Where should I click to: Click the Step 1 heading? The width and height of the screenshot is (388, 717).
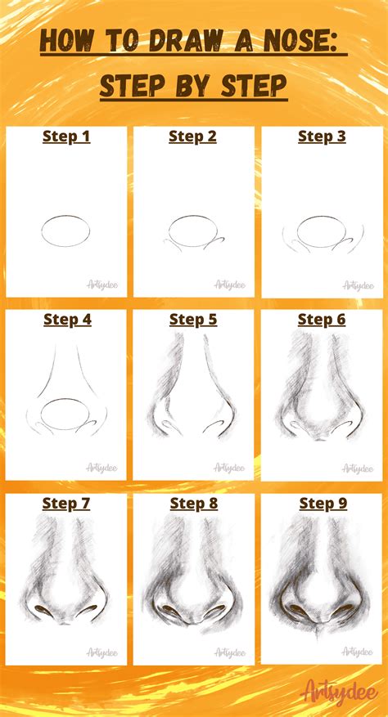(x=66, y=137)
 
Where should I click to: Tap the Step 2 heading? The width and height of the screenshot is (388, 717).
(x=193, y=137)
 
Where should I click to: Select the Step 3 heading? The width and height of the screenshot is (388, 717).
(x=322, y=137)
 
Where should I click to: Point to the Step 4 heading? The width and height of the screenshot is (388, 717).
(x=66, y=320)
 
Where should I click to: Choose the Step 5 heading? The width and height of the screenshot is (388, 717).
(x=193, y=320)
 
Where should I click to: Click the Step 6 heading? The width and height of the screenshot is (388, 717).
(x=322, y=320)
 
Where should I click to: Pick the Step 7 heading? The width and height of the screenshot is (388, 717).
(x=66, y=504)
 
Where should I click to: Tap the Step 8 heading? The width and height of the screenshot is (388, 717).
(x=194, y=504)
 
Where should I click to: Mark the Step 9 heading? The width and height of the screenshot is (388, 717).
(x=322, y=504)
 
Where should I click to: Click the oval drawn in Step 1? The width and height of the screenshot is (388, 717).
(x=65, y=231)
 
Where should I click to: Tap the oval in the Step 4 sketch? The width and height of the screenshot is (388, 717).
(x=65, y=415)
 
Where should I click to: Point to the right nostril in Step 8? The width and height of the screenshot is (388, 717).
(x=217, y=612)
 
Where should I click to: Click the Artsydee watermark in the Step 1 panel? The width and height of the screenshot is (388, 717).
(x=103, y=285)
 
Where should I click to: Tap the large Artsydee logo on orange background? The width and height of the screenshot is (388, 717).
(x=340, y=692)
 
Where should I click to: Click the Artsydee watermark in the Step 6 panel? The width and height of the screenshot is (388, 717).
(x=358, y=468)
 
